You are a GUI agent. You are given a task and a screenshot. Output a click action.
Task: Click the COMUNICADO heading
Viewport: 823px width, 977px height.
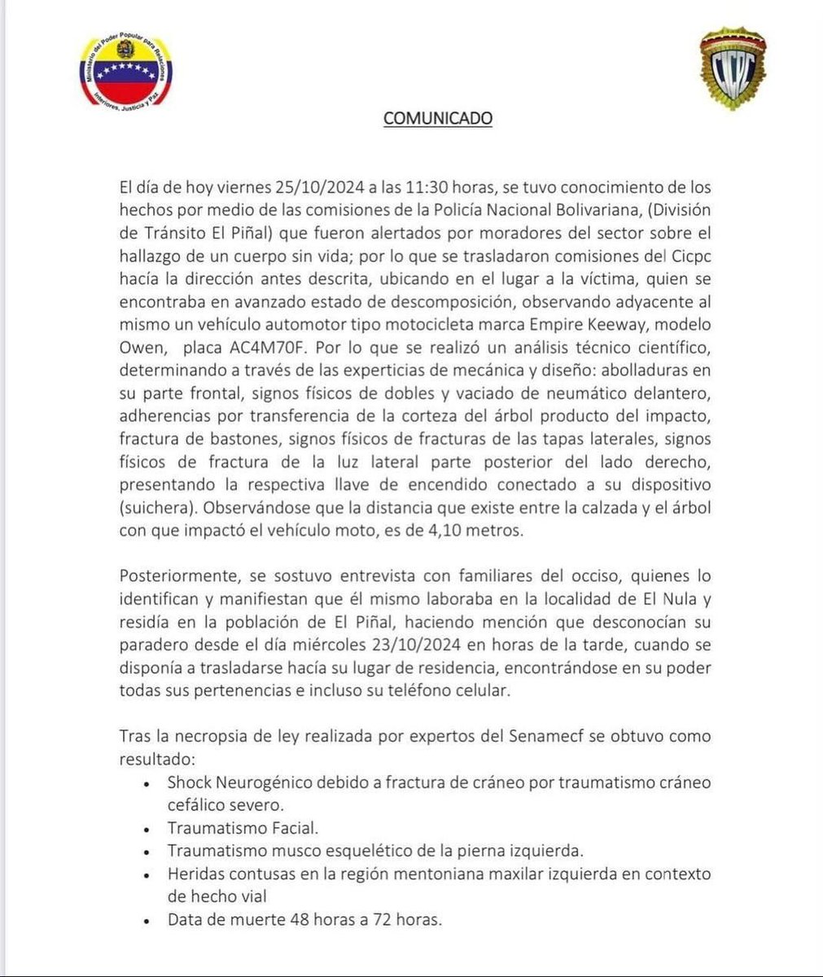click(438, 118)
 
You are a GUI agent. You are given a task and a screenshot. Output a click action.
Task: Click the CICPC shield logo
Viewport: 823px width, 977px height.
click(734, 72)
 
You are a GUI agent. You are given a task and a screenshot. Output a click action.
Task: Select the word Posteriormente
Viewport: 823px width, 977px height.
click(173, 576)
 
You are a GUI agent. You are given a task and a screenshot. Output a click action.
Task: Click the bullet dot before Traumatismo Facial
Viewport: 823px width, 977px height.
click(146, 830)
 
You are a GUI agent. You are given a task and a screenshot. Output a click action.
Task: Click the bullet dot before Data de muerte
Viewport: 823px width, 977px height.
click(146, 922)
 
